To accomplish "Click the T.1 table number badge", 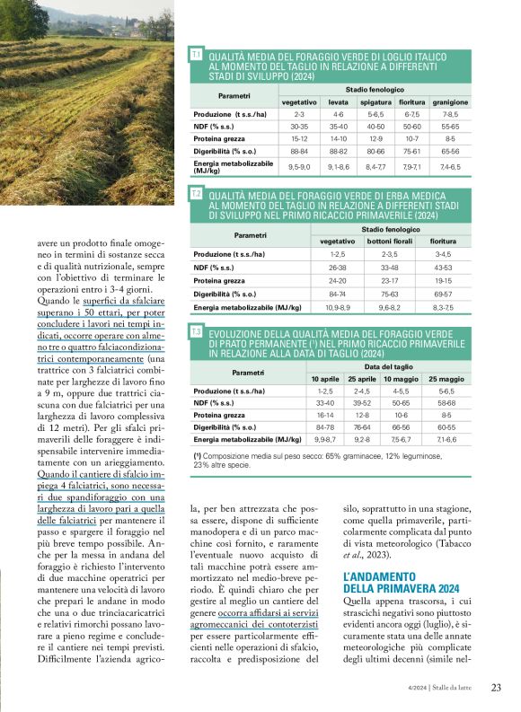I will point(196,56).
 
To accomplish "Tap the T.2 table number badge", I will point(196,193).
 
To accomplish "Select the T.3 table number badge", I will point(196,332).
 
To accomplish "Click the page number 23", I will point(496,689).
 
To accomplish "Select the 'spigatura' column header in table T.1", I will point(375,102).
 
